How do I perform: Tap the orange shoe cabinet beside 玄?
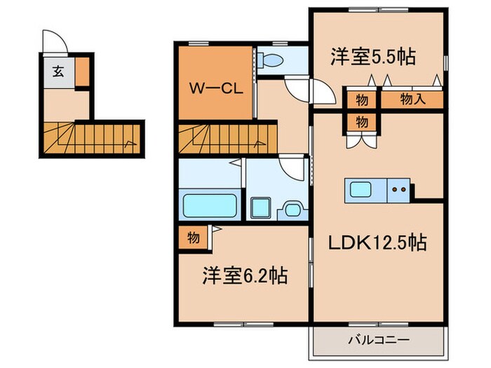[82, 71]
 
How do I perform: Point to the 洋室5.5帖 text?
[372, 57]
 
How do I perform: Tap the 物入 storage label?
[412, 100]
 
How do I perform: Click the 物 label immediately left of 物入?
[361, 100]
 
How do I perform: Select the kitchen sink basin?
[363, 189]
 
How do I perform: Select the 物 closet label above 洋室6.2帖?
[194, 238]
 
